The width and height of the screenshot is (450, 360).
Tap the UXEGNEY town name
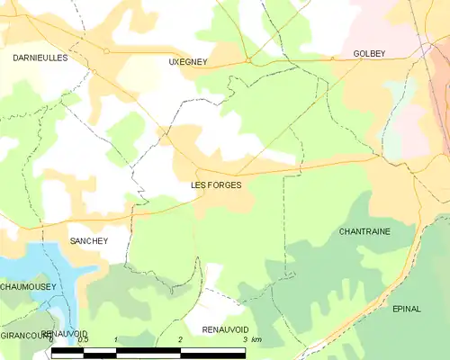(187, 62)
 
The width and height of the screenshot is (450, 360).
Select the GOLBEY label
(369, 54)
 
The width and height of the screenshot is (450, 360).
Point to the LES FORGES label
(216, 184)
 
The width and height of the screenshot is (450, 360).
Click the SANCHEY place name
(89, 241)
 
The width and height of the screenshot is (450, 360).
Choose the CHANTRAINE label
(364, 231)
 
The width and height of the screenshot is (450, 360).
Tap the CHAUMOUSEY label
(28, 286)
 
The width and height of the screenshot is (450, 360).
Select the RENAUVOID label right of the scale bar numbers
(224, 330)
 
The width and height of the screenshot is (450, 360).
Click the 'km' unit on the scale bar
(256, 339)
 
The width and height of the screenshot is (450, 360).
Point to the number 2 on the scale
(181, 339)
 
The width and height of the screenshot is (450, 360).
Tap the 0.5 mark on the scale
(83, 339)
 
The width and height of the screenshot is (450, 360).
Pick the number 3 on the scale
(245, 339)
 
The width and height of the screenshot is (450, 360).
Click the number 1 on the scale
(116, 339)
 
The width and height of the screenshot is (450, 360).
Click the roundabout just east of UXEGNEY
(247, 61)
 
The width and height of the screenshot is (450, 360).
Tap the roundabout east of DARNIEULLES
(106, 51)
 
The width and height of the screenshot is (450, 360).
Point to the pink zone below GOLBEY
(416, 117)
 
